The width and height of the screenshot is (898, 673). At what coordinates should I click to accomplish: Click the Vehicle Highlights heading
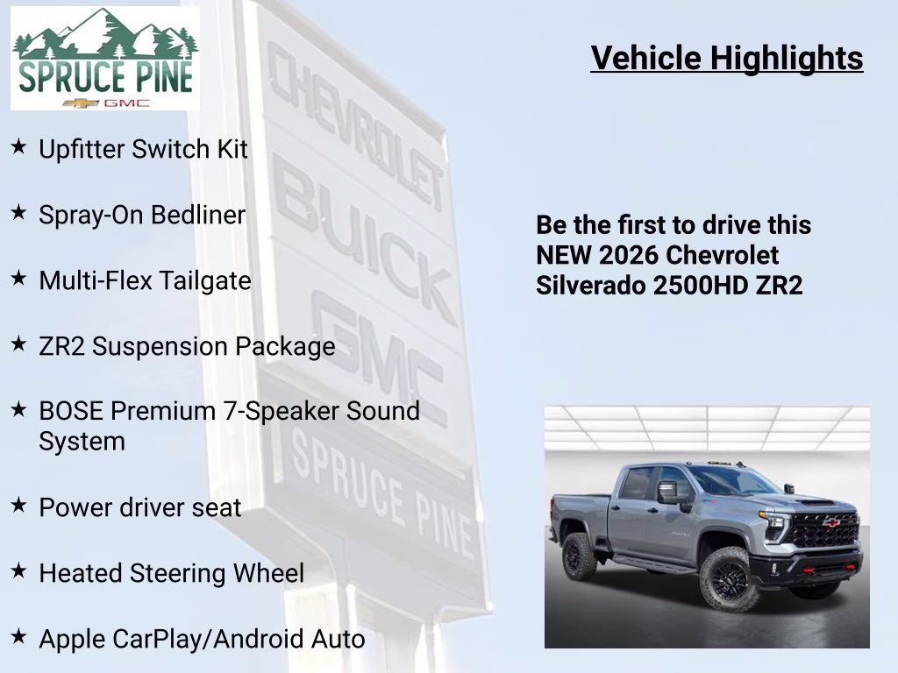pyautogui.click(x=727, y=58)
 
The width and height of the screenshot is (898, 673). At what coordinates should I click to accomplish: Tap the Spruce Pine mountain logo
pyautogui.click(x=105, y=59)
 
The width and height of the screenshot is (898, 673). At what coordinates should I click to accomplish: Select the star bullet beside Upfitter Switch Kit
pyautogui.click(x=18, y=147)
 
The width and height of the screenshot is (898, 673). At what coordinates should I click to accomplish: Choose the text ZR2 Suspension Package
pyautogui.click(x=187, y=346)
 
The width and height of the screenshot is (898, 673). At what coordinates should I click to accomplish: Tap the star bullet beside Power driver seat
pyautogui.click(x=18, y=506)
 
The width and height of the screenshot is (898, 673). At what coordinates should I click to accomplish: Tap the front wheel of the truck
pyautogui.click(x=729, y=579)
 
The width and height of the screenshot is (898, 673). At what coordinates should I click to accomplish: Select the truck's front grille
pyautogui.click(x=820, y=528)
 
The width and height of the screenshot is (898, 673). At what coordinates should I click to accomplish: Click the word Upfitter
pyautogui.click(x=82, y=149)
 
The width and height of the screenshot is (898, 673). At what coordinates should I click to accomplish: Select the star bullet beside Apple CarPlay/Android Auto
pyautogui.click(x=18, y=637)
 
